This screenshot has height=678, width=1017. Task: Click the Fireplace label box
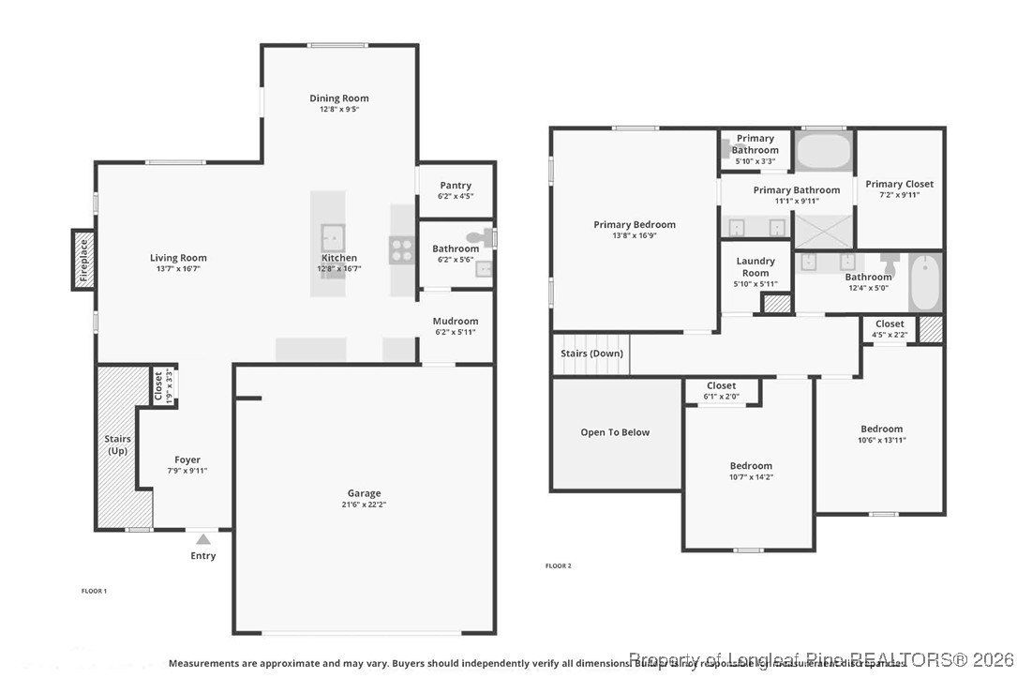[x=83, y=260]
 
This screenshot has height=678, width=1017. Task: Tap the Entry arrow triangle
[x=203, y=538]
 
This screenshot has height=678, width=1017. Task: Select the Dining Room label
[x=339, y=98]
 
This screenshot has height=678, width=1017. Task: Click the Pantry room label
[x=456, y=186]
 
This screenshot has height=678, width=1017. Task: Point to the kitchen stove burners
[x=401, y=249]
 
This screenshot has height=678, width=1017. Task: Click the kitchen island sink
[x=332, y=234]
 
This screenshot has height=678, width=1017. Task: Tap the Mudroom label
[x=456, y=321]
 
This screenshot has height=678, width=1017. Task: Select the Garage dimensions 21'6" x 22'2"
[x=365, y=505]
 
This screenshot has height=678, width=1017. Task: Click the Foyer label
[x=187, y=460]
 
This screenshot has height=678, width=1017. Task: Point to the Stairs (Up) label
[x=117, y=444]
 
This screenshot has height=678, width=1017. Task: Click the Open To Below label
[x=615, y=432]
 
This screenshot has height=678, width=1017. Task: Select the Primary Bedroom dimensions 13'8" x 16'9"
[x=635, y=235]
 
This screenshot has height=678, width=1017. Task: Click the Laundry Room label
[x=755, y=266]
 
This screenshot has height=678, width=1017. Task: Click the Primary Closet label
[x=899, y=184]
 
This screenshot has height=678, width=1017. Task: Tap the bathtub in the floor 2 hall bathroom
[x=924, y=282]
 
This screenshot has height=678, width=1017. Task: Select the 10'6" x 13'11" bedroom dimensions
[x=881, y=440]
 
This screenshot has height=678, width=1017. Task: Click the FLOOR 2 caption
[x=559, y=565]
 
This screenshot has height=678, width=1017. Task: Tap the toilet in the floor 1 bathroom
[x=482, y=238]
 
